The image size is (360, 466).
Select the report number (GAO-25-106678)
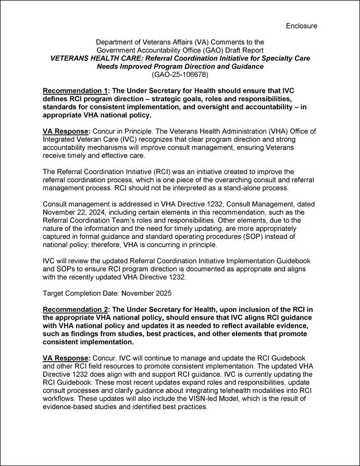[180, 75]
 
